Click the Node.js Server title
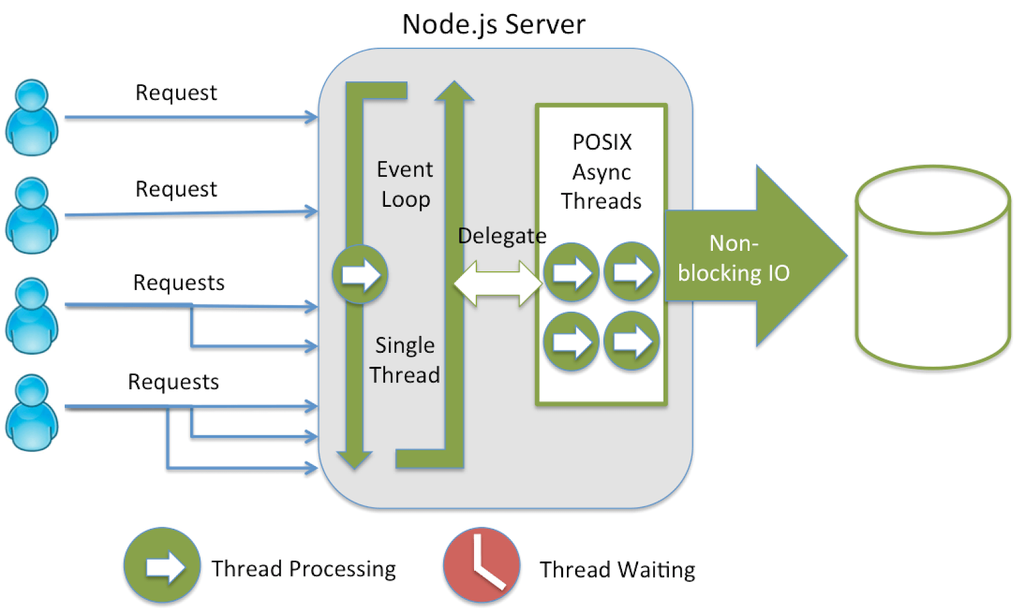click(x=493, y=24)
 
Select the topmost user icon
click(x=31, y=117)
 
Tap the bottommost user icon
click(x=31, y=412)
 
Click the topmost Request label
click(x=176, y=93)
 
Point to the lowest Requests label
click(x=173, y=382)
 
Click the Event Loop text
click(x=405, y=184)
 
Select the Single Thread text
click(x=405, y=360)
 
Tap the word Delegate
click(x=502, y=236)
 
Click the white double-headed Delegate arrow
click(x=498, y=282)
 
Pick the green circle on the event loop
click(x=360, y=274)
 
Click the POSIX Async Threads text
click(x=602, y=172)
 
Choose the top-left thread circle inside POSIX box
click(x=571, y=272)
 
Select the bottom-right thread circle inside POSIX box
click(x=632, y=341)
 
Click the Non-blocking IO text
click(x=734, y=258)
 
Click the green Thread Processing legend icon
click(x=162, y=565)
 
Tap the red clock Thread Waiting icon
click(x=481, y=565)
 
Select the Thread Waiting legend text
click(x=617, y=569)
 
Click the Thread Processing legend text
click(x=304, y=568)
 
